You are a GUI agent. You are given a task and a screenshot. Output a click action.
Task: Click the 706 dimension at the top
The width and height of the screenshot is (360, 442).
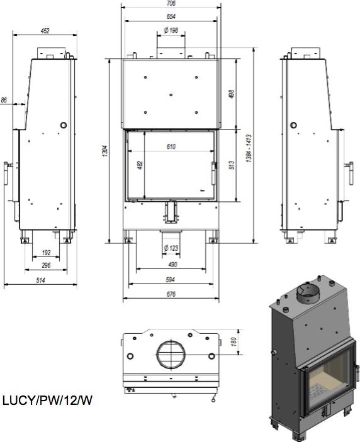(x=171, y=3)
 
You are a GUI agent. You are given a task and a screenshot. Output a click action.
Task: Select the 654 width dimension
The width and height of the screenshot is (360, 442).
(x=171, y=16)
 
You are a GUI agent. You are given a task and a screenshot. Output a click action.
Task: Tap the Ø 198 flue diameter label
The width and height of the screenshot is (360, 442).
(x=171, y=30)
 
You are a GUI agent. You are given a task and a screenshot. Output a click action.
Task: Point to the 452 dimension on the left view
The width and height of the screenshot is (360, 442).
(x=44, y=30)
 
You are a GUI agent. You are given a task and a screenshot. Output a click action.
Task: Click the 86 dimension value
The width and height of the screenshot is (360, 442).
(x=4, y=100)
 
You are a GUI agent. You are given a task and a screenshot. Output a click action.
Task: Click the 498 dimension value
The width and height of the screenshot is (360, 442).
(x=231, y=94)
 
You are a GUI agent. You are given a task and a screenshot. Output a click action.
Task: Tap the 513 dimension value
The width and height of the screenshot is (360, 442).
(x=231, y=165)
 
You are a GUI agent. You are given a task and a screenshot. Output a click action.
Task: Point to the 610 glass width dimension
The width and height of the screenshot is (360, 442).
(x=171, y=146)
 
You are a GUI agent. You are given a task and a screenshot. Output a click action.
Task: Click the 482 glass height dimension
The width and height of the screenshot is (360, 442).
(x=140, y=165)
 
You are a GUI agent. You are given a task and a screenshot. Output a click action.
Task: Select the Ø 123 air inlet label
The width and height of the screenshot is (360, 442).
(x=171, y=248)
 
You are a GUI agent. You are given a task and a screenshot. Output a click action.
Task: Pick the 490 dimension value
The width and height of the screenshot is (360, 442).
(x=171, y=265)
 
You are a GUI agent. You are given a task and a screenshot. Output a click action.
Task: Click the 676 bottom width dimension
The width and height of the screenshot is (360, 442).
(x=171, y=294)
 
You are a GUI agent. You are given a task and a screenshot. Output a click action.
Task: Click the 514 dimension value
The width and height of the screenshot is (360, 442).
(x=40, y=280)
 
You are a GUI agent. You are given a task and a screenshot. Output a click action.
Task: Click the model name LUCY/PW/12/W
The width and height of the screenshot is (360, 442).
(x=47, y=400)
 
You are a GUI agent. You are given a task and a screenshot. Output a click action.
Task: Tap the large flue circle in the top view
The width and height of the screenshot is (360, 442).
(x=170, y=355)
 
